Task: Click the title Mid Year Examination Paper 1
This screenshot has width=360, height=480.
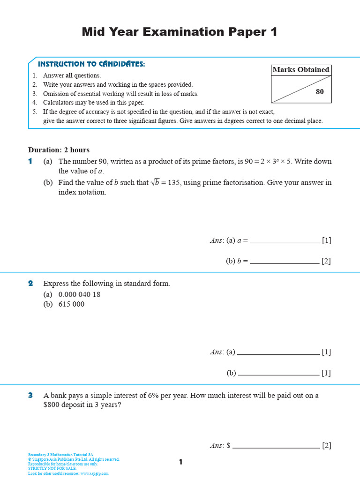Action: click(x=180, y=32)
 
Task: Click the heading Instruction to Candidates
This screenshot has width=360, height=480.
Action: click(x=91, y=64)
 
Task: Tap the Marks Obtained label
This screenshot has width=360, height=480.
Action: click(x=301, y=70)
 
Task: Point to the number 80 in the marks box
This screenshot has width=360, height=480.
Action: click(x=320, y=92)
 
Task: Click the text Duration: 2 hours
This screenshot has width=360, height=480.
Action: click(x=59, y=150)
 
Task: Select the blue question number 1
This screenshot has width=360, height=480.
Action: click(x=30, y=161)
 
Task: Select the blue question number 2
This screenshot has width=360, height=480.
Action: click(x=30, y=284)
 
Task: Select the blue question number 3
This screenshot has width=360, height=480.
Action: click(x=30, y=396)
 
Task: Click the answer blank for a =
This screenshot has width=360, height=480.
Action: click(x=285, y=241)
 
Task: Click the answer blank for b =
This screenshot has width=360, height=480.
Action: click(x=285, y=262)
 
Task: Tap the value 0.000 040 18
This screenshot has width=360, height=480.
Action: click(x=79, y=295)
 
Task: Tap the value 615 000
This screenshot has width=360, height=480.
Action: click(x=71, y=304)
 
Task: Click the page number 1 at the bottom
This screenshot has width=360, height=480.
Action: click(x=180, y=463)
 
